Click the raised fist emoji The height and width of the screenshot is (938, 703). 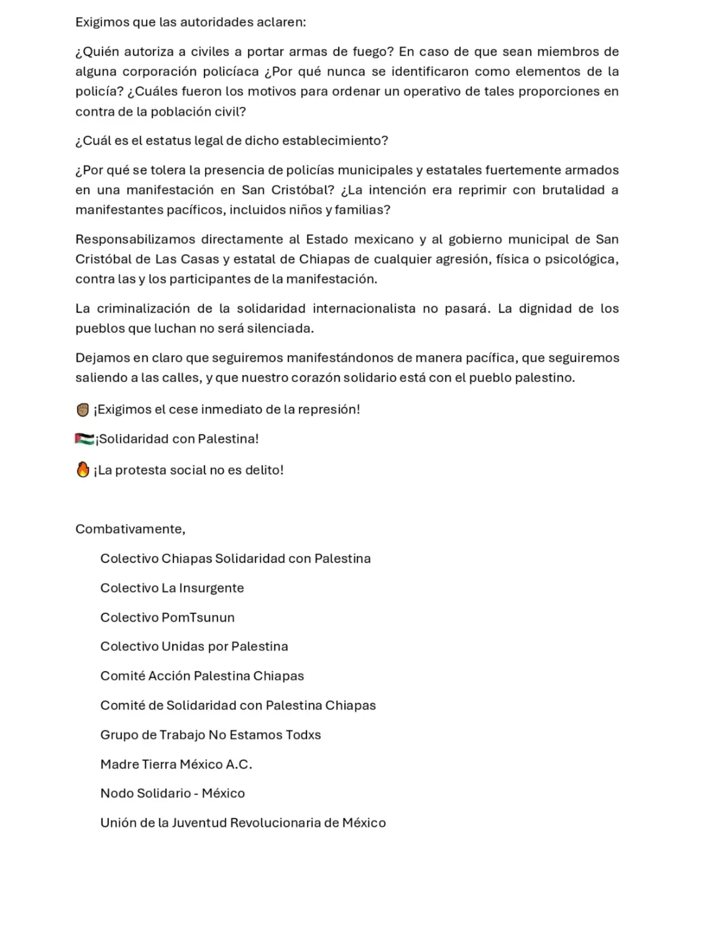pos(83,409)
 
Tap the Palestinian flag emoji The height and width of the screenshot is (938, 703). pos(84,439)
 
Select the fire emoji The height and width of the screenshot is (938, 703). pos(83,470)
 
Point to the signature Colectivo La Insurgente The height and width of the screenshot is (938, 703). pos(172,588)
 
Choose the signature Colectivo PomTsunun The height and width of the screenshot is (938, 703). pos(167,617)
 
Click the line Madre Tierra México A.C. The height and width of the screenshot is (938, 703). pos(176,764)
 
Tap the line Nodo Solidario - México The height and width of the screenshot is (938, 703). pos(172,793)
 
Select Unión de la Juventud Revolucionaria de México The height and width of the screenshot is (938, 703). pos(243,822)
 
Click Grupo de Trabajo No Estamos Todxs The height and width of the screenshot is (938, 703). pos(210,735)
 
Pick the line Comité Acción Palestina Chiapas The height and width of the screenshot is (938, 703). pos(202,675)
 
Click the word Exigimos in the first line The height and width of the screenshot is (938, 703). pos(102,22)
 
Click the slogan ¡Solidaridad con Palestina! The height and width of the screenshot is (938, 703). pos(177,439)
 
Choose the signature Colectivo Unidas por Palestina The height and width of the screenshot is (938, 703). pos(194,646)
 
